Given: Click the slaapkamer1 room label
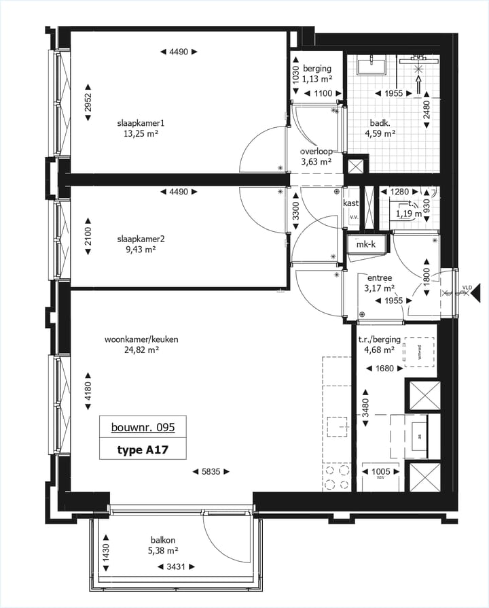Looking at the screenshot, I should coord(141,123).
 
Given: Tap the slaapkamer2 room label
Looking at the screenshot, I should coord(141,239).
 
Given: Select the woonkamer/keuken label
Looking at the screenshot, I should coord(141,339).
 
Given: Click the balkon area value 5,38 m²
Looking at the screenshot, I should coord(164,552).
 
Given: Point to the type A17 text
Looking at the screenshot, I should coord(142,450).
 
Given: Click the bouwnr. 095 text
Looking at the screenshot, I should coord(143,428).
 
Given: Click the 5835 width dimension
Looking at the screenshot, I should coord(211,471).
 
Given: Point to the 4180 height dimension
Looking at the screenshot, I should coord(88,391).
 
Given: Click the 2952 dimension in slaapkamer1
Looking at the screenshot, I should coord(88,102).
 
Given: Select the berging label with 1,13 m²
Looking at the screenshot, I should coord(317,69).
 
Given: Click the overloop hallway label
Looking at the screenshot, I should coord(316,152).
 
